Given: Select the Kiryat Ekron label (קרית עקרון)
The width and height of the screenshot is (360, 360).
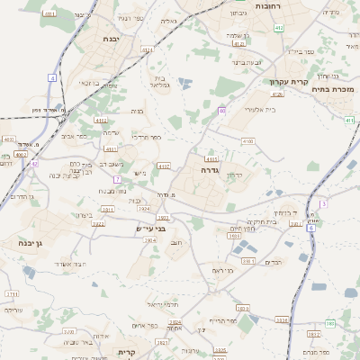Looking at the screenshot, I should pos(289,82).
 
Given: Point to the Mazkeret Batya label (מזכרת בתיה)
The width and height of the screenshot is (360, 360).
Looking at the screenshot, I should pos(333,89).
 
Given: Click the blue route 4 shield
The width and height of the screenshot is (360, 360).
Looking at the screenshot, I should pos(52,78).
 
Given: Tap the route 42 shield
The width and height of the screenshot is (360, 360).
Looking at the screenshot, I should pos(34,164).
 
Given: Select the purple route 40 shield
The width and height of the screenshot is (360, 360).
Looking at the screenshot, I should pos(221,111).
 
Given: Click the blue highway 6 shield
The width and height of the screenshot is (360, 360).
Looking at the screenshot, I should pos(311,229).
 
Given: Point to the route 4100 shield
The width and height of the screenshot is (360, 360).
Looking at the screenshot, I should pos(247,141).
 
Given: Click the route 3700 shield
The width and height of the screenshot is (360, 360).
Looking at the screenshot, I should pos(68,331).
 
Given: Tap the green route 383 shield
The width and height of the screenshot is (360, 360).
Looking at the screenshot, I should pos(330,322).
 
